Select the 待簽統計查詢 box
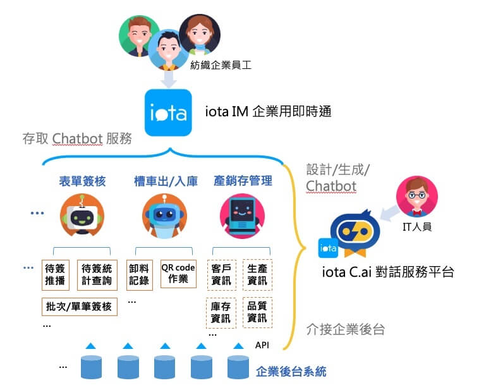pyautogui.click(x=97, y=274)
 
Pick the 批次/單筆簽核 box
pyautogui.click(x=78, y=307)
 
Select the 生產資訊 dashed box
pyautogui.click(x=257, y=274)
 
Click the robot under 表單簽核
pyautogui.click(x=82, y=214)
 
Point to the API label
pyautogui.click(x=262, y=345)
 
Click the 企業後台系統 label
pyautogui.click(x=291, y=372)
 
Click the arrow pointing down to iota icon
pyautogui.click(x=169, y=78)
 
